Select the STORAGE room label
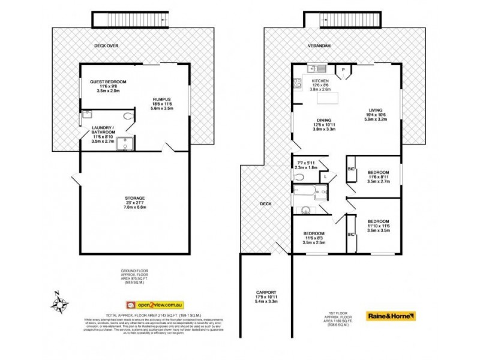pyautogui.click(x=135, y=197)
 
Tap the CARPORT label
pyautogui.click(x=262, y=292)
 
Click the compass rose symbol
pyautogui.click(x=59, y=303)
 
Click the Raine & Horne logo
pyautogui.click(x=391, y=315)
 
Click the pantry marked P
pyautogui.click(x=344, y=70)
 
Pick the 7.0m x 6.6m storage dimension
pyautogui.click(x=135, y=207)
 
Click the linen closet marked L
pyautogui.click(x=324, y=176)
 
